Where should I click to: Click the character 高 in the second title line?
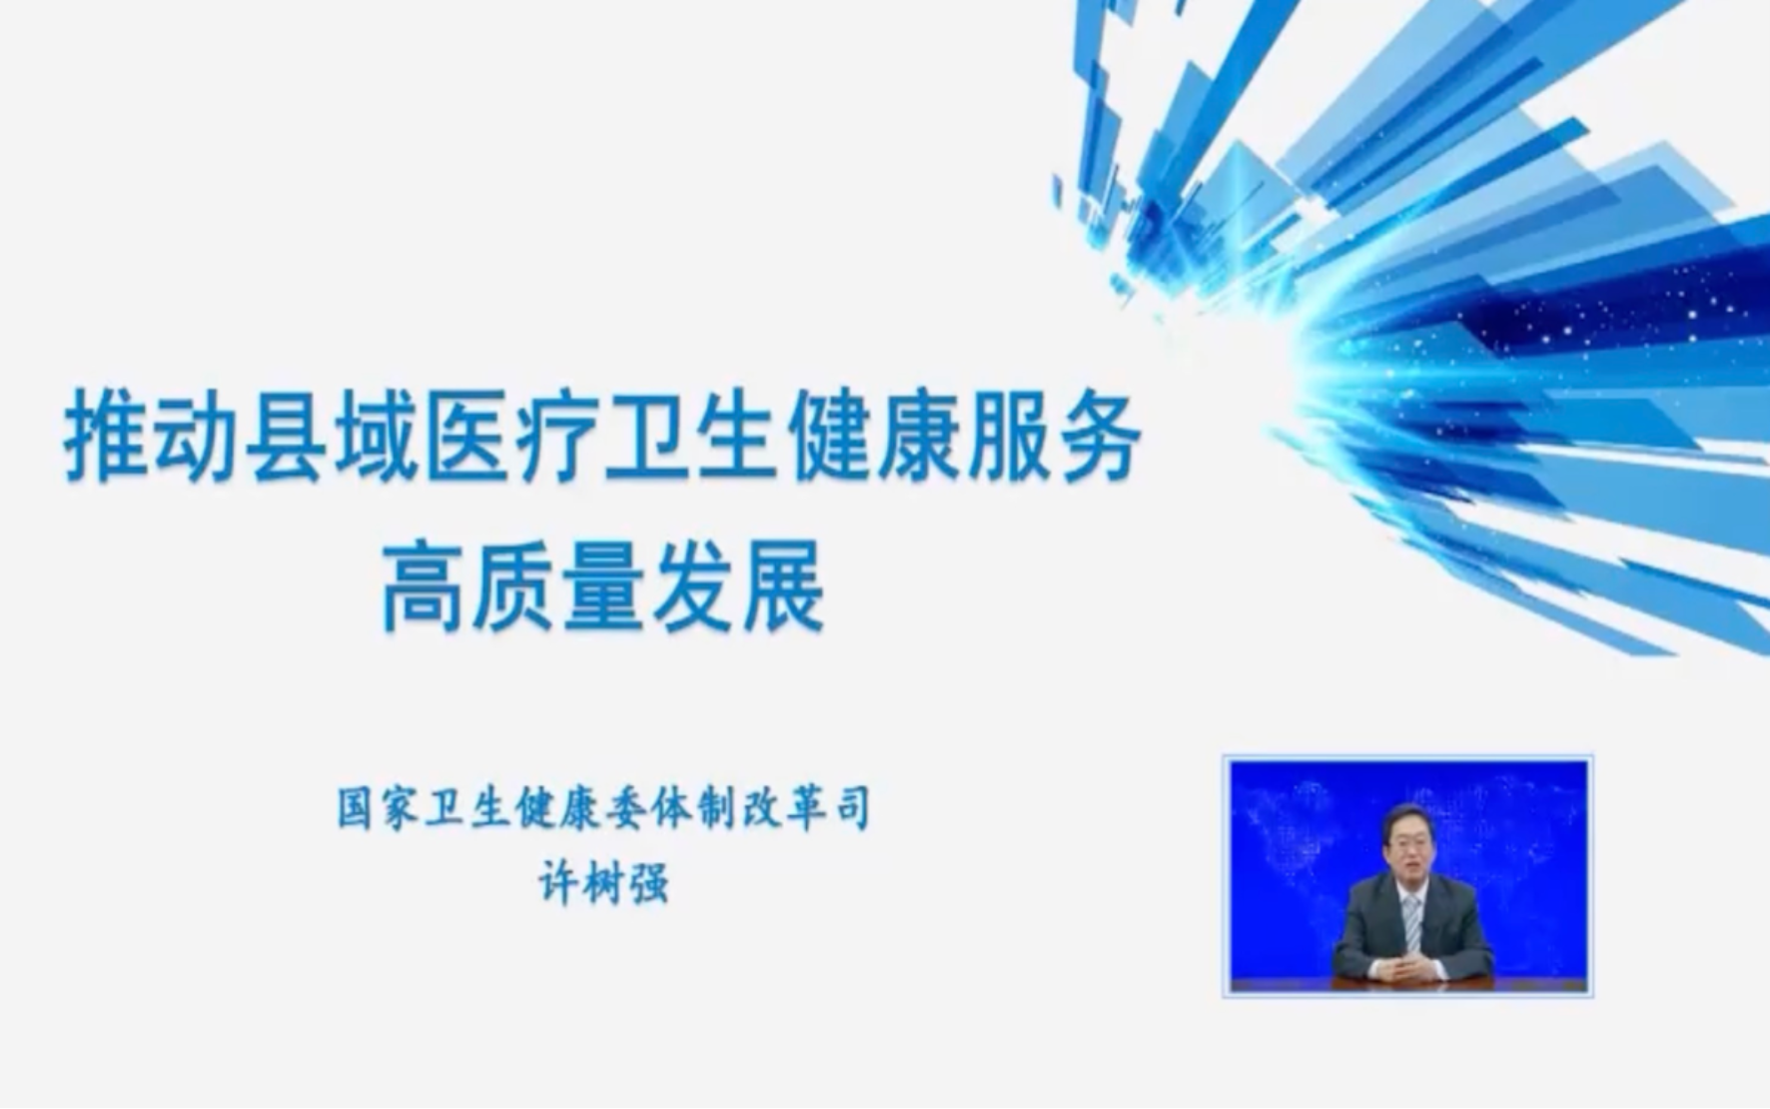coord(425,587)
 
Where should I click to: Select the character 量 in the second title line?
coord(604,587)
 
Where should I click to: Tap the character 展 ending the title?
coord(784,587)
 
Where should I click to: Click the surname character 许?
coord(558,883)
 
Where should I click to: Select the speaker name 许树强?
coord(603,883)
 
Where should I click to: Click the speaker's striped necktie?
coord(1411,921)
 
